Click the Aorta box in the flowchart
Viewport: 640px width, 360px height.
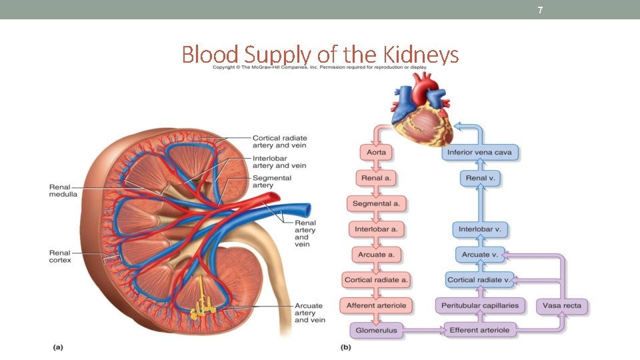pos(377,153)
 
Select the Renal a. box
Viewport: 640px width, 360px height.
pos(377,179)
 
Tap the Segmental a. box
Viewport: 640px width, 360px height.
pos(377,204)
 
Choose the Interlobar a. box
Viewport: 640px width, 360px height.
pos(377,229)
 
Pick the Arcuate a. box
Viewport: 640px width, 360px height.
pos(377,255)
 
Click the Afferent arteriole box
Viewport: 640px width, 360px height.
pos(377,306)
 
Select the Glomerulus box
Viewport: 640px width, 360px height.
pos(377,330)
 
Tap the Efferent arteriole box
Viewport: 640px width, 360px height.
pos(479,330)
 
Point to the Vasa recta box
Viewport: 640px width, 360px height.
pos(562,306)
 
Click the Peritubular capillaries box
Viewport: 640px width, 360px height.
pos(479,306)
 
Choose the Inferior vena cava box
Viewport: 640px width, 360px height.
pos(479,153)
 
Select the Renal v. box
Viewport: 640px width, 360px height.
pos(479,179)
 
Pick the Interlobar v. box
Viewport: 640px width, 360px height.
pos(479,229)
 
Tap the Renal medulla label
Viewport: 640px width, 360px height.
pos(63,190)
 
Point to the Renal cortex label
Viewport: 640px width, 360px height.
pos(60,256)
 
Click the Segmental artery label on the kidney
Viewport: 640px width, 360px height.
pos(271,181)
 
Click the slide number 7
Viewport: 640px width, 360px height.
pos(540,10)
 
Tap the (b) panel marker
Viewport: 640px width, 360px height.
pos(346,347)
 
